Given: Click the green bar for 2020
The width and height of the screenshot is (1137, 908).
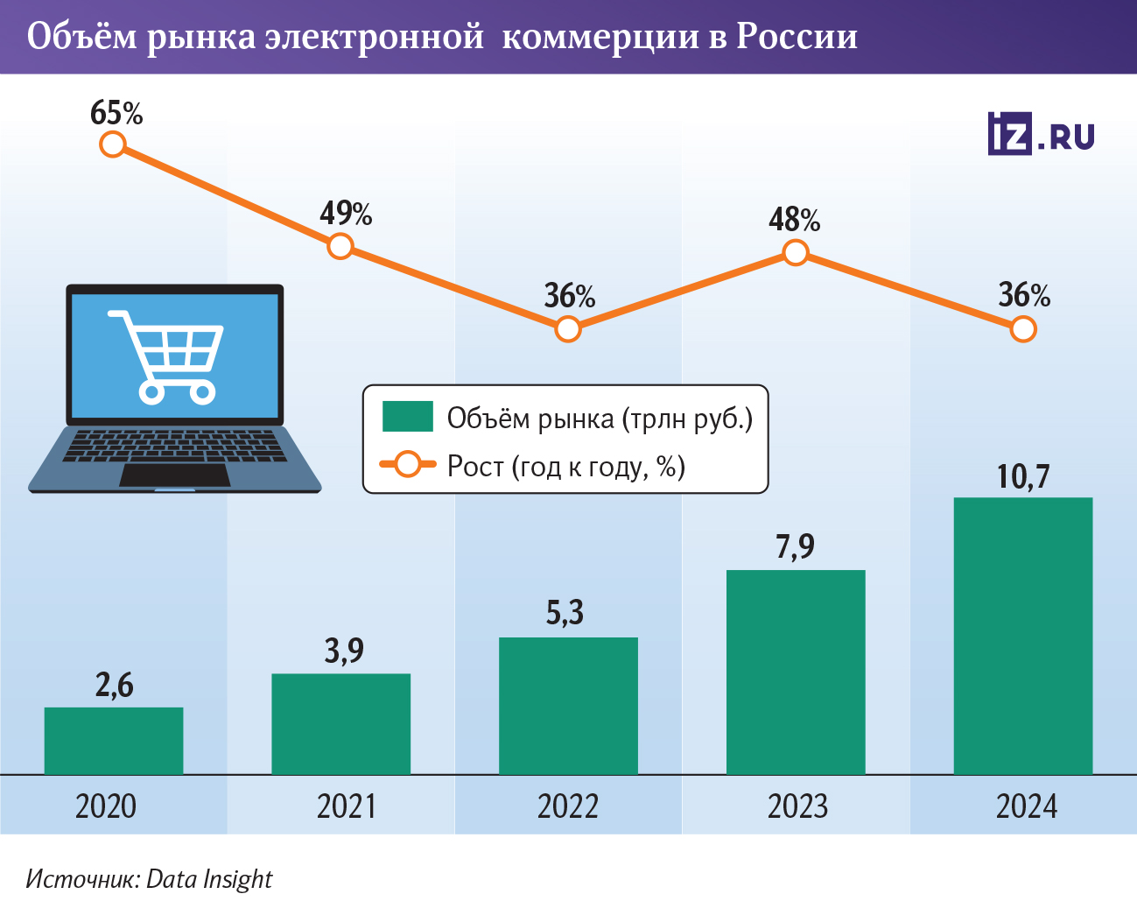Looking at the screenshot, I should pos(114,741).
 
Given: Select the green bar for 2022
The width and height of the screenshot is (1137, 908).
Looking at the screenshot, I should pos(568,706).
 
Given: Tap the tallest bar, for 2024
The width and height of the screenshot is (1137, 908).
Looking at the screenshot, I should pos(1022,636).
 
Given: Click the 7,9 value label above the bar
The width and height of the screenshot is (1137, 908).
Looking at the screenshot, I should pos(795,546).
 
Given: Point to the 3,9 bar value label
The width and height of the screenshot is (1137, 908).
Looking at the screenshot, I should pos(344,651).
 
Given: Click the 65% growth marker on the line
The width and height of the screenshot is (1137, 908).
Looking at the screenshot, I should pos(113,144).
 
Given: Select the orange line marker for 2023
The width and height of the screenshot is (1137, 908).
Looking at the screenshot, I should pos(795,253).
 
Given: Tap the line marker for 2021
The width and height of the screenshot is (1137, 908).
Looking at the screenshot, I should pos(340,246).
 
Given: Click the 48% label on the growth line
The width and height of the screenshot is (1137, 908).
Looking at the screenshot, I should pos(795,220).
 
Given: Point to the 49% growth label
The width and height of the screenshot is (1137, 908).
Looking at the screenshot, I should pos(346,213).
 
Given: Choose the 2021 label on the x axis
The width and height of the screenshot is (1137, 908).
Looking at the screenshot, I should pos(347,806).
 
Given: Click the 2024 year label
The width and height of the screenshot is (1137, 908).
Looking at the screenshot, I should pos(1026,806).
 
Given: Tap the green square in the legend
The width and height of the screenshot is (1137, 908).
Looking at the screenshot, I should pos(408,417).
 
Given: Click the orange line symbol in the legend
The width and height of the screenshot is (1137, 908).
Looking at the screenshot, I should pos(408,465).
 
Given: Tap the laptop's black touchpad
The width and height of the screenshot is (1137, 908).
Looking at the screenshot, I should pos(175,475).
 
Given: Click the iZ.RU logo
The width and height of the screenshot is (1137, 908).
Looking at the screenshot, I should pos(1041,134).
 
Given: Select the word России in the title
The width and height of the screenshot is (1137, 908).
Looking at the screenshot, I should pos(797,37).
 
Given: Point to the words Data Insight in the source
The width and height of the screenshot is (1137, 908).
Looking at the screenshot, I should pos(209,879).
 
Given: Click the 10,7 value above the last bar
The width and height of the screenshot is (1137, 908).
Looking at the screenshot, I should pos(1022,476).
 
